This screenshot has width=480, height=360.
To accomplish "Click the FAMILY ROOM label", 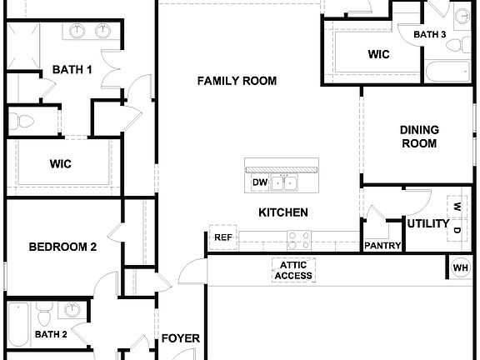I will coord(237,81).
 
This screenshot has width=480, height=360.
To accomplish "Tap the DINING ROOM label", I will coord(419,136).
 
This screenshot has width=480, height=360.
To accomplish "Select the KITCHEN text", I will coord(283,212).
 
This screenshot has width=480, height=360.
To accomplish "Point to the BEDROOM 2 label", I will coord(63,247).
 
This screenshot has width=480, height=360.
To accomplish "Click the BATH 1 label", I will coord(72,70).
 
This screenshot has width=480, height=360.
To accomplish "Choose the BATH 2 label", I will coord(51,334).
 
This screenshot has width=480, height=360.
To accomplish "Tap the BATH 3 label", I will coord(430,34).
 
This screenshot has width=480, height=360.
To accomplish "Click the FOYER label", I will coord(180,338).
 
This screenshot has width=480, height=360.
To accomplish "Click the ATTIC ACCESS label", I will coord(293,270).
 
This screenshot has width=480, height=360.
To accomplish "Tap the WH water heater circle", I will coord(461,267).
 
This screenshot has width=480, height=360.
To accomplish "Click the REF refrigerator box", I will coord(223,237).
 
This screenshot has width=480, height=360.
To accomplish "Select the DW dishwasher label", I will coord(258,182).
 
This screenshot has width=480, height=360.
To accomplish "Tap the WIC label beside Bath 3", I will coord(380,54).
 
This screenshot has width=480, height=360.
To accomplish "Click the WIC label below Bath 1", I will coord(60,164).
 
